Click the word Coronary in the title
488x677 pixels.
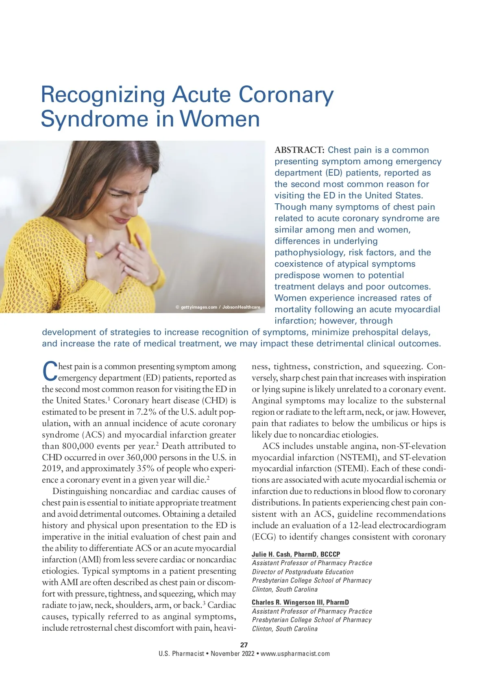coord(286,95)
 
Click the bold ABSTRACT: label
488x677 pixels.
coord(300,150)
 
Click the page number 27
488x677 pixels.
coord(244,644)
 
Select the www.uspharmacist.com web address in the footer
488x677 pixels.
coord(295,654)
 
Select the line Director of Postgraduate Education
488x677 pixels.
coord(303,572)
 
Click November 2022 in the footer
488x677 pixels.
coord(232,654)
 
